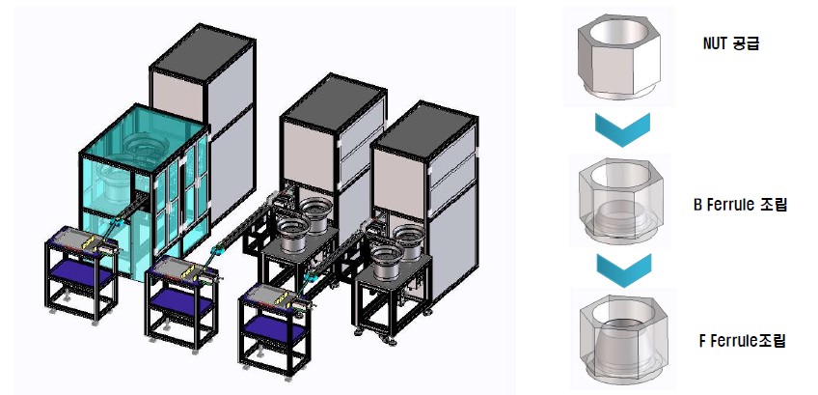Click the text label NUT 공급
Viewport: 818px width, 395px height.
[730, 43]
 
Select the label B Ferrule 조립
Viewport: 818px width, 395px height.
[739, 206]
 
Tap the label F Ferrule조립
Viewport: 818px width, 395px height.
[741, 342]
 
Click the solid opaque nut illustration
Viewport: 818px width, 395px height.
[618, 57]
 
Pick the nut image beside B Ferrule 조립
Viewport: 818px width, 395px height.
[619, 201]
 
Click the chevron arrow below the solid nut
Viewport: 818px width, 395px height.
[622, 129]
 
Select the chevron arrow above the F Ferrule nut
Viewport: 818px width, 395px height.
[624, 269]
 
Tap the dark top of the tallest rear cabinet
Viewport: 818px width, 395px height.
[203, 52]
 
